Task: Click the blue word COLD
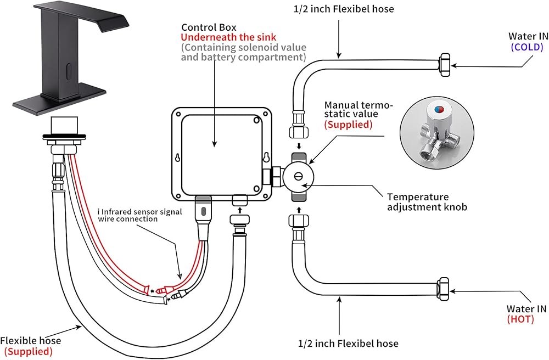527,47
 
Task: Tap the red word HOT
520,319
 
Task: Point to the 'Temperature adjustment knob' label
418,201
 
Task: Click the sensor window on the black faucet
68,71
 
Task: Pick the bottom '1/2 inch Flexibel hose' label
348,344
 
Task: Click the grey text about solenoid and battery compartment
243,52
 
